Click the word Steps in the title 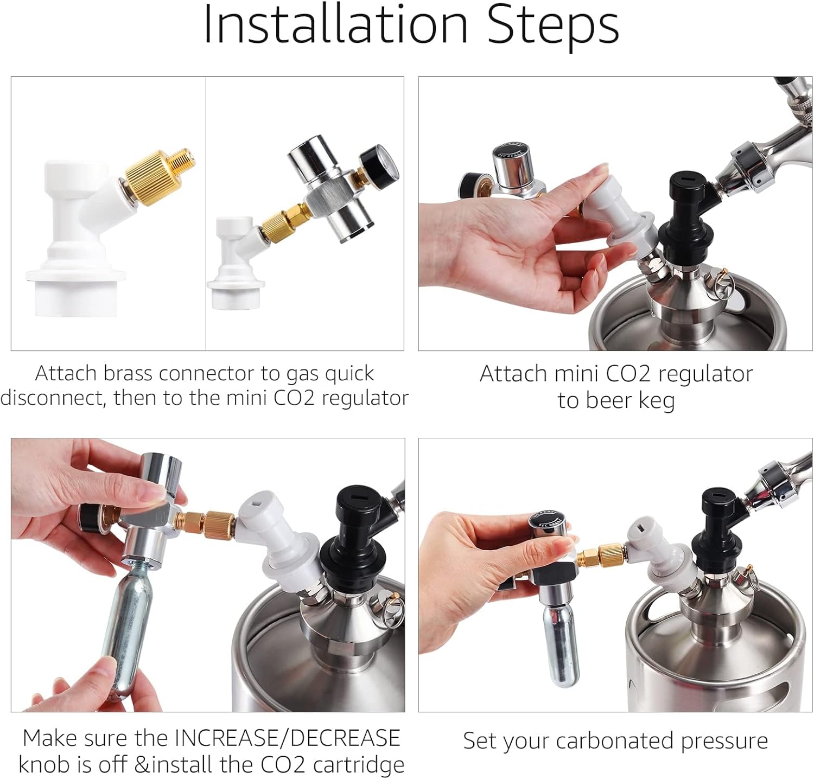pos(553,25)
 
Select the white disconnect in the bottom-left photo pos(277,537)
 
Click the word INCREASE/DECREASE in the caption pos(287,738)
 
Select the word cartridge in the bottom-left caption pos(359,764)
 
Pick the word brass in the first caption pos(128,374)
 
